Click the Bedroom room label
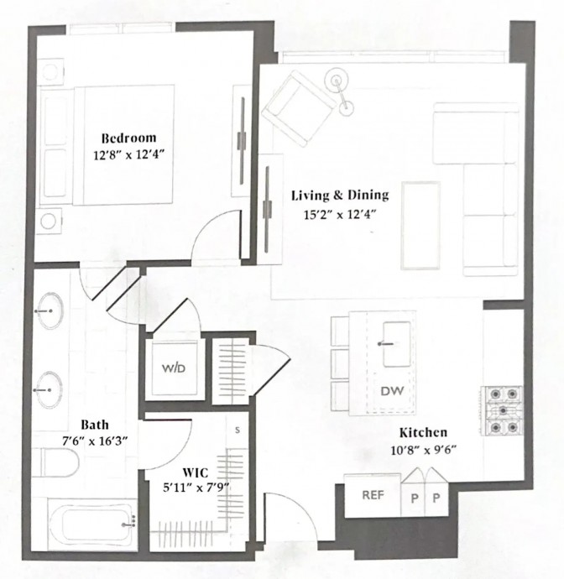pyautogui.click(x=128, y=138)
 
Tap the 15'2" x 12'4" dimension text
pyautogui.click(x=339, y=214)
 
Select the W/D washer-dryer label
pyautogui.click(x=174, y=368)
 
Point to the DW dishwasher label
pyautogui.click(x=392, y=391)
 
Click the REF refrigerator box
pyautogui.click(x=373, y=496)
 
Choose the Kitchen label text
pyautogui.click(x=423, y=432)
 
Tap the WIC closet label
pyautogui.click(x=196, y=472)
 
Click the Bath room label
pyautogui.click(x=95, y=425)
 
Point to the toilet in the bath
pyautogui.click(x=59, y=462)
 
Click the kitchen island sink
pyautogui.click(x=397, y=344)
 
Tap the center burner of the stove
pyautogui.click(x=503, y=410)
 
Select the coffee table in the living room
pyautogui.click(x=420, y=225)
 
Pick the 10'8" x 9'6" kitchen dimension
pyautogui.click(x=424, y=450)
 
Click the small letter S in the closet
pyautogui.click(x=238, y=430)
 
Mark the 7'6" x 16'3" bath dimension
pyautogui.click(x=95, y=441)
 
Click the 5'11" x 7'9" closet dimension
pyautogui.click(x=196, y=488)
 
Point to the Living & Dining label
pyautogui.click(x=340, y=195)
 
